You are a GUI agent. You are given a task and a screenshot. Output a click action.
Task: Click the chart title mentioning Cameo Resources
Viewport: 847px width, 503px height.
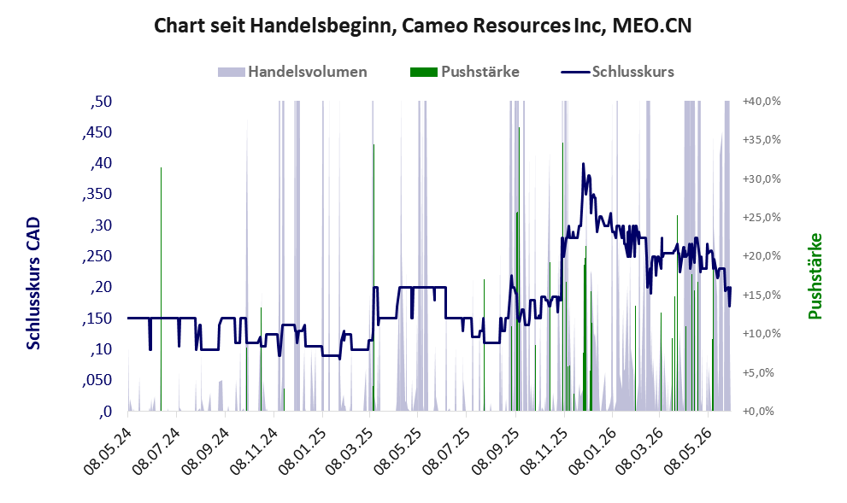click(x=422, y=26)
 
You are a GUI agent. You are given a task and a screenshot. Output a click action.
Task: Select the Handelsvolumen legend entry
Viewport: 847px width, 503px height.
click(x=292, y=72)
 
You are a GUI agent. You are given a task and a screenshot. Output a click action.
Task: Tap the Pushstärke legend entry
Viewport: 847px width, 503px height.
click(x=465, y=72)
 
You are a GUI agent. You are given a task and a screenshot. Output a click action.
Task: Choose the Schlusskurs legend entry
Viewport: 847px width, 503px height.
click(x=617, y=72)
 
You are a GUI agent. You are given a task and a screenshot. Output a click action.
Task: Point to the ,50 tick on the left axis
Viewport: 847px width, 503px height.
click(x=101, y=101)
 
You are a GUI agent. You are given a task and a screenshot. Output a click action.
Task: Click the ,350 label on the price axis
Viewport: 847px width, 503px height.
click(x=97, y=194)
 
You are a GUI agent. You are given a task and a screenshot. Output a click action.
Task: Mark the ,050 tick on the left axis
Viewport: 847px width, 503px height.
click(x=97, y=380)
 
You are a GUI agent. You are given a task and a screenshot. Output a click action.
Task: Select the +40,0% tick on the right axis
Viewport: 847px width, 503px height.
click(x=762, y=101)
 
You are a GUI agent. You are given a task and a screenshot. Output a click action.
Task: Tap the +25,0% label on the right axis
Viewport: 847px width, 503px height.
click(x=762, y=218)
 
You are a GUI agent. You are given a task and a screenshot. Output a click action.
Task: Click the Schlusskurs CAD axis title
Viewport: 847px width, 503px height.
click(x=33, y=284)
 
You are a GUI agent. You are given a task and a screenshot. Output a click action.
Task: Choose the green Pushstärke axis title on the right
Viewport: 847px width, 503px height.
click(x=815, y=276)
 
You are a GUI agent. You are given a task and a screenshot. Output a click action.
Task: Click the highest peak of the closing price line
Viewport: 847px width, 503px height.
click(x=583, y=163)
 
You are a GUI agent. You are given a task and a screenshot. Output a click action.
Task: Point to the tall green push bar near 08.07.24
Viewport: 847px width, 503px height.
click(x=161, y=290)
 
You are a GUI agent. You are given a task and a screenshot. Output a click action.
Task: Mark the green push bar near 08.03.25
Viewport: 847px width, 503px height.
click(x=374, y=278)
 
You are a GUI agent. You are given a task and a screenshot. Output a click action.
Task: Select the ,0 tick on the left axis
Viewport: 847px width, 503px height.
click(x=105, y=412)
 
